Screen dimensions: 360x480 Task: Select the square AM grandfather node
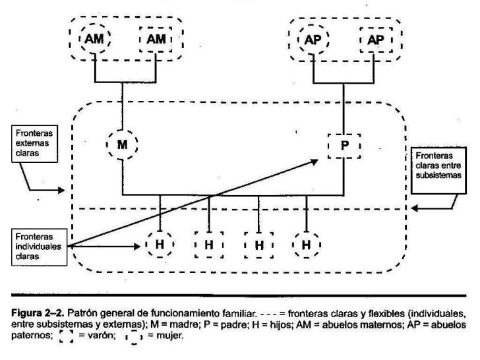coord(156,39)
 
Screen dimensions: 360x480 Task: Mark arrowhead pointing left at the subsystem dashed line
coord(413,210)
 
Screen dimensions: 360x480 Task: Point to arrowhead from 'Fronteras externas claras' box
coord(61,191)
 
